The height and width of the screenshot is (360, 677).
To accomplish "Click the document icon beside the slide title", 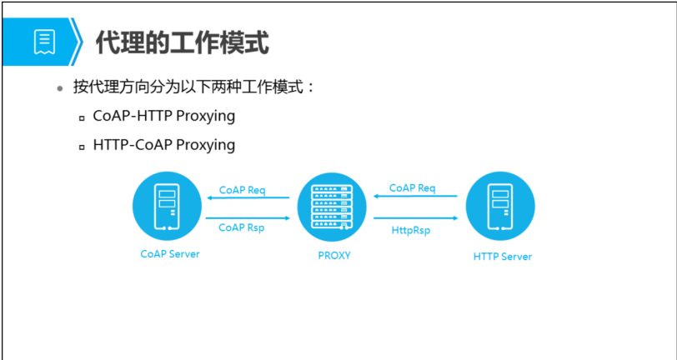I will coord(43,41).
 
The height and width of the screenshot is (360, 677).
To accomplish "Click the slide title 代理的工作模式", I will coord(183,42).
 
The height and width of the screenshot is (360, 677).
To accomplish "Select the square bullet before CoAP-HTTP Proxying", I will coord(82,118).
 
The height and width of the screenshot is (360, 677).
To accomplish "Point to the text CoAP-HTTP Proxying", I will coord(164,116).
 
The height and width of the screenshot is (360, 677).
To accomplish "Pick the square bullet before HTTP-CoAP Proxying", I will coord(82,147).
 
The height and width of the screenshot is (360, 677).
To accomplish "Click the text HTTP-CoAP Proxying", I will coord(164,145).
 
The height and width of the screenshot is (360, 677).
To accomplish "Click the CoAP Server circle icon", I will coord(168,204).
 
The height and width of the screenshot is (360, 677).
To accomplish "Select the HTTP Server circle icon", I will coord(500,204).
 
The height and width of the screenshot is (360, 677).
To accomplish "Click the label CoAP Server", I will coord(169,253).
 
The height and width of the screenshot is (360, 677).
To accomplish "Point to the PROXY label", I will coord(333,256).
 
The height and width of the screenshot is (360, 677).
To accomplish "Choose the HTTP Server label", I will coord(502,256).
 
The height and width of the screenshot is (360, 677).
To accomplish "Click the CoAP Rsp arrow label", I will coord(242,227).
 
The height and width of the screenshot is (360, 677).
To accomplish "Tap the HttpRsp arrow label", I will coord(411,230).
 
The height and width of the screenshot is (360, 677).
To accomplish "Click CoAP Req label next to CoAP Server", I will coord(242,190).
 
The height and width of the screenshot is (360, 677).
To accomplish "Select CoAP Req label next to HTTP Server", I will coord(412,188).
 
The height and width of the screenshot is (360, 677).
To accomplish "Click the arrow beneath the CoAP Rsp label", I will coord(248,217).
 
